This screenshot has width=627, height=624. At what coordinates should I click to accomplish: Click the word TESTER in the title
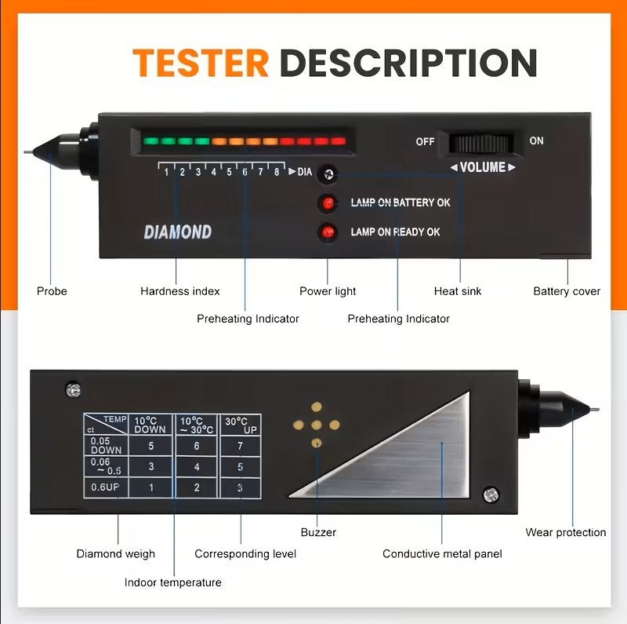(x=201, y=63)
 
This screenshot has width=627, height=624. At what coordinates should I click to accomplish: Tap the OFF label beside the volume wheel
(x=425, y=141)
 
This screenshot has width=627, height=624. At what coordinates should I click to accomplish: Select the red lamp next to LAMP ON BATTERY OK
(x=328, y=203)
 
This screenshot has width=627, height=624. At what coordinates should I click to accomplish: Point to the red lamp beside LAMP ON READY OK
(x=328, y=232)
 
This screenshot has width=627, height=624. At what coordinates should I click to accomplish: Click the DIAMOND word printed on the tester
(x=178, y=232)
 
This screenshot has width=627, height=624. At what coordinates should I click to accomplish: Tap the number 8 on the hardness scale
(x=277, y=172)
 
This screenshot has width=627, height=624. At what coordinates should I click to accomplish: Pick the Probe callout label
(x=52, y=291)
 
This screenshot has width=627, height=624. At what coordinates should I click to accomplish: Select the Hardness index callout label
(x=180, y=291)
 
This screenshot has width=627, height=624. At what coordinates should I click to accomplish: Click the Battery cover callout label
(x=567, y=291)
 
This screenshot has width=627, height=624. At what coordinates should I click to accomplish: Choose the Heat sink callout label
(x=458, y=291)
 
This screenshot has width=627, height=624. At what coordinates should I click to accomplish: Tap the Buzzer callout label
(x=318, y=532)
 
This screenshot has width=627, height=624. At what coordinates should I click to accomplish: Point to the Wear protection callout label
(x=565, y=532)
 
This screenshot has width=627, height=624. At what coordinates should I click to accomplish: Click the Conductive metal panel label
(x=442, y=554)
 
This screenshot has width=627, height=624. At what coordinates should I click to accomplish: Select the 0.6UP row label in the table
(x=105, y=487)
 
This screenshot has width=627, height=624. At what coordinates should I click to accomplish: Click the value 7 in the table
(x=240, y=446)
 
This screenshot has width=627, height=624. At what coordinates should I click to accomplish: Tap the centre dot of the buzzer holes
(x=317, y=425)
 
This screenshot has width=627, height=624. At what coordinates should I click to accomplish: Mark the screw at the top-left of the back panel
(x=73, y=389)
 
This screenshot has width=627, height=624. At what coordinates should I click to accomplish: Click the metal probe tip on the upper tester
(x=28, y=152)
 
